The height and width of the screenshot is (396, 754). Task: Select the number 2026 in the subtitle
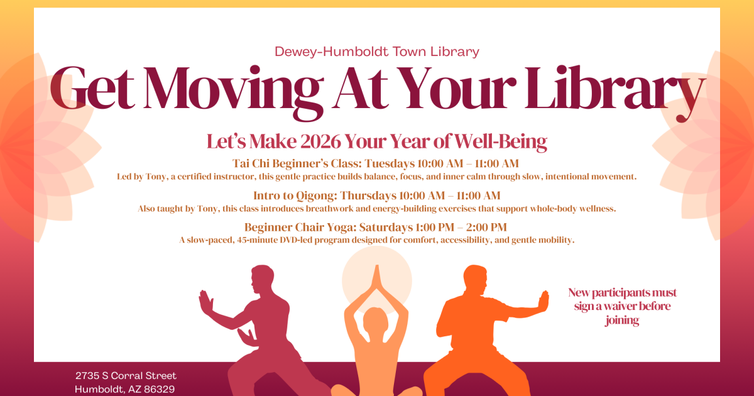pos(320,141)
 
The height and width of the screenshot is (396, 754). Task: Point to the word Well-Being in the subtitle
pos(501,142)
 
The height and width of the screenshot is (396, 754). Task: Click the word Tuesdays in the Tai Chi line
pos(390,163)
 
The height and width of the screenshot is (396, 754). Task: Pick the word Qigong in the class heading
pos(317,196)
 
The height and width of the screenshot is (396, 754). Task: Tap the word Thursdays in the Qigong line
pos(368,195)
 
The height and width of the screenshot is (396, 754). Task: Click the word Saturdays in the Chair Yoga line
pos(386,228)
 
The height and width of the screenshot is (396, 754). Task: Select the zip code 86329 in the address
pos(159,389)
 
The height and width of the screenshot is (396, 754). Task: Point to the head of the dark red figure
pos(263,280)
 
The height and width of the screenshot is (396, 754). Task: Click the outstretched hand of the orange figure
pos(544,300)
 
